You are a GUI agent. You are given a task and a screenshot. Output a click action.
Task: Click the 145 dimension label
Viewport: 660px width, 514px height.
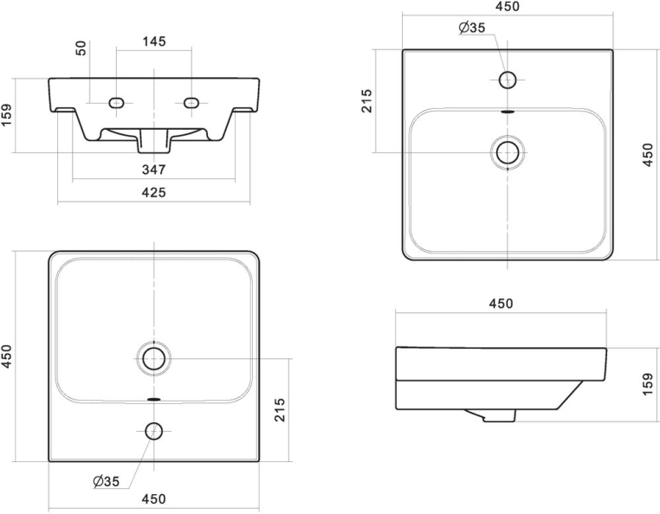[154, 42]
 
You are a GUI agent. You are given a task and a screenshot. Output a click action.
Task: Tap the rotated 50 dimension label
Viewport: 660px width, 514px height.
[81, 48]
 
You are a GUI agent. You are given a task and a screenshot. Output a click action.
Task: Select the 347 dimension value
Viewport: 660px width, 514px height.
[153, 170]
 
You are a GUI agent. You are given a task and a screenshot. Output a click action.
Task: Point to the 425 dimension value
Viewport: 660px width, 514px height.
[153, 192]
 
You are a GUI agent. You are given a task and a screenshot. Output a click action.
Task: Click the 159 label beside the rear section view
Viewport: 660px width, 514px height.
[7, 115]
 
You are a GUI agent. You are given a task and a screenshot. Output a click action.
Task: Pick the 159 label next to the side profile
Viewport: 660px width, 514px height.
[648, 383]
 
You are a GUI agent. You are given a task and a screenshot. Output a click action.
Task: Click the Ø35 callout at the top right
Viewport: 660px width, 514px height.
[472, 28]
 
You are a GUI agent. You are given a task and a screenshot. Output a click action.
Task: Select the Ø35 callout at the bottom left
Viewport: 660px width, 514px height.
[106, 481]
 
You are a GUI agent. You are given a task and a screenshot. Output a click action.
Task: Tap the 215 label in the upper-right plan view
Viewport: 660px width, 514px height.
[366, 100]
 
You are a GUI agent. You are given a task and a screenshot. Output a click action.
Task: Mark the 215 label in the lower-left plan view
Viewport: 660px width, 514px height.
[280, 409]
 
